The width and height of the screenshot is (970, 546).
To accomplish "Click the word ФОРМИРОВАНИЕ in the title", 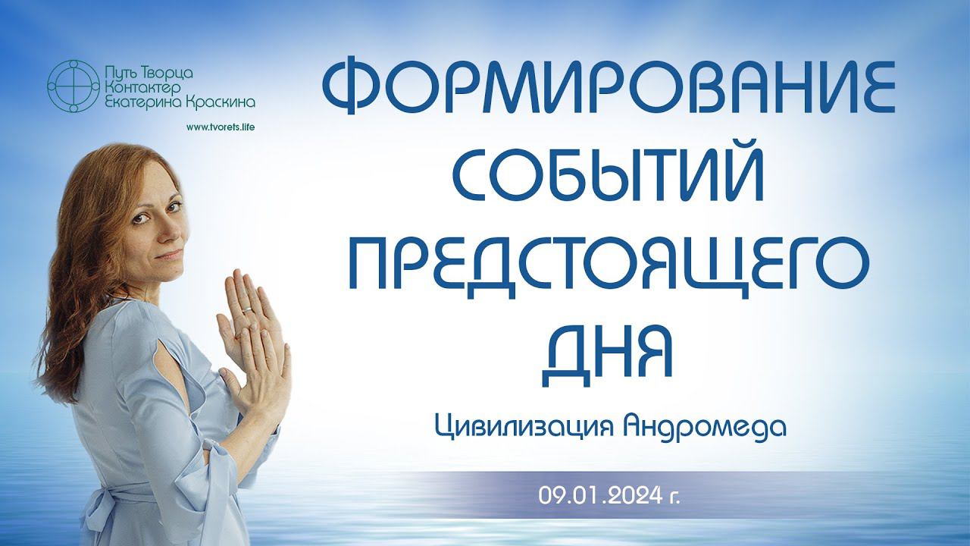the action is pos(609,87).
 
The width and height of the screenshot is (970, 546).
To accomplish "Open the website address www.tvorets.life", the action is pos(220,127).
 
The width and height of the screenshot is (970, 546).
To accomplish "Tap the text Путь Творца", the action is pos(147,74).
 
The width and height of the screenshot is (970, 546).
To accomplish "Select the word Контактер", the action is pos(142,88).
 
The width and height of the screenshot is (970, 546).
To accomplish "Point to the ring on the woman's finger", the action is pos(246,309).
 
